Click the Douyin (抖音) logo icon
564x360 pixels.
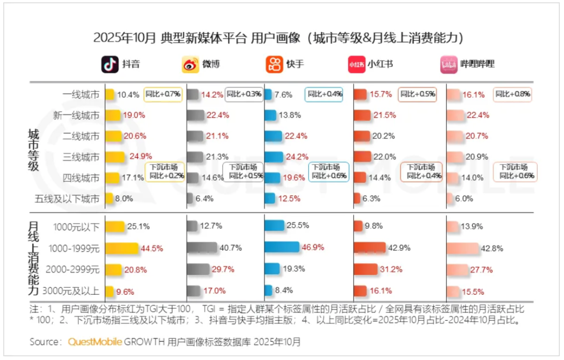pyautogui.click(x=110, y=64)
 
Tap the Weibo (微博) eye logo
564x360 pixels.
pyautogui.click(x=190, y=64)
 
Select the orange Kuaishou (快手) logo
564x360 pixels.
pyautogui.click(x=274, y=64)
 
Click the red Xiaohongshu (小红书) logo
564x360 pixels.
pyautogui.click(x=356, y=64)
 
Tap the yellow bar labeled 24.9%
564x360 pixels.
pyautogui.click(x=115, y=157)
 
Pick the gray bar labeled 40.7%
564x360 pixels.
pyautogui.click(x=202, y=248)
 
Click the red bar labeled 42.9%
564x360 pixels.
pyautogui.click(x=369, y=248)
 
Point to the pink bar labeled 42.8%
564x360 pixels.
pyautogui.click(x=462, y=248)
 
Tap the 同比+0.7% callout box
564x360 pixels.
pyautogui.click(x=163, y=95)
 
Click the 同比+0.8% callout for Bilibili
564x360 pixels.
pyautogui.click(x=512, y=95)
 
